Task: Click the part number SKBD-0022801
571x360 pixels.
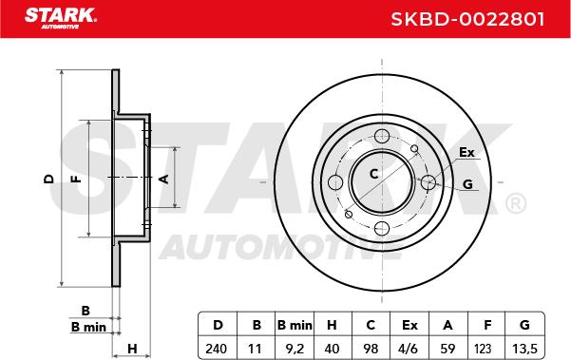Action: pos(467,19)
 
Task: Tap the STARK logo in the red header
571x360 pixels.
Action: pos(61,18)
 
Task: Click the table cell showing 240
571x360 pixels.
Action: pos(216,349)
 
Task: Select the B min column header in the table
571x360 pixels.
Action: pos(295,325)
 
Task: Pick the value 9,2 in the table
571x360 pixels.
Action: pos(295,349)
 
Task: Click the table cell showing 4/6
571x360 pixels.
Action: pos(408,349)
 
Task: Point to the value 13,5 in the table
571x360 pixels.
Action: pos(524,349)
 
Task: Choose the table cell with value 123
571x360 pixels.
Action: pos(483,349)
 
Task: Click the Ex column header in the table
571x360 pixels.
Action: pos(409,325)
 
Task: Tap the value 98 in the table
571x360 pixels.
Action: pos(371,349)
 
